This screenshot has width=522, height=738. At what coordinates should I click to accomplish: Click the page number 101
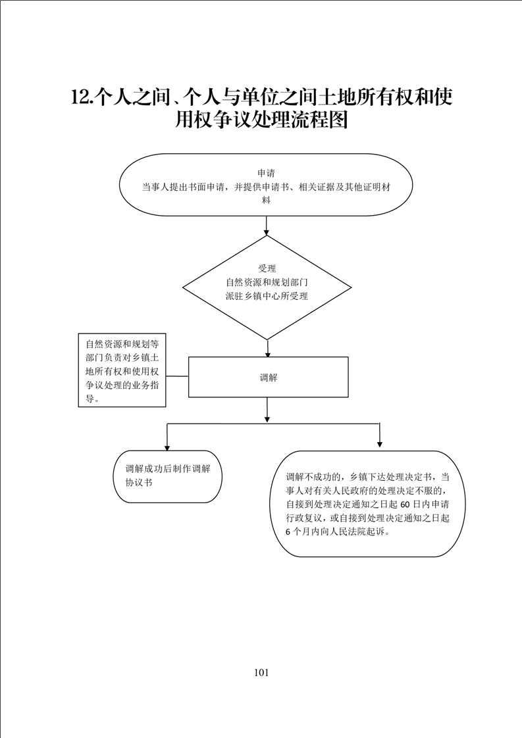261,673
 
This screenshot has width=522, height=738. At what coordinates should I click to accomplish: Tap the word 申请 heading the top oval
266,173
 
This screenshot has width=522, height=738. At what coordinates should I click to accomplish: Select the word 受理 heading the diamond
267,269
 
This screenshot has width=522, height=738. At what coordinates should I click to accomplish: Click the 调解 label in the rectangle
269,377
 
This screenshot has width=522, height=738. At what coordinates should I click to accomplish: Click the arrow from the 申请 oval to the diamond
266,226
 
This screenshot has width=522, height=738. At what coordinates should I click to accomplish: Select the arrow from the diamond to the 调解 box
268,349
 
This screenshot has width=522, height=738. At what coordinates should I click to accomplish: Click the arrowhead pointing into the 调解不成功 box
380,445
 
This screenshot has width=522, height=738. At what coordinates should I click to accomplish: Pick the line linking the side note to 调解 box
177,376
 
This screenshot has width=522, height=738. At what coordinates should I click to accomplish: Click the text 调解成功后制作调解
168,469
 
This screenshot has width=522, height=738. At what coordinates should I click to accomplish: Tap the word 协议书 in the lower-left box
138,483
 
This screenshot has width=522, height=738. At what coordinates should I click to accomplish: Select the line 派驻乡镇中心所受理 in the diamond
267,296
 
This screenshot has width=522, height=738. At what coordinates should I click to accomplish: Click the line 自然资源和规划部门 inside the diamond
267,282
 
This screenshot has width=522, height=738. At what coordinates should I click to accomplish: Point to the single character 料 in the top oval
266,200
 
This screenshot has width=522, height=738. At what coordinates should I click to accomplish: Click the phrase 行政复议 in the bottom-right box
303,518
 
